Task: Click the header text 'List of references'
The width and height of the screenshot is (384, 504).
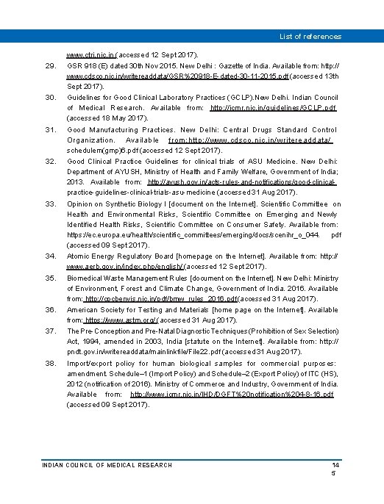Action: click(310, 36)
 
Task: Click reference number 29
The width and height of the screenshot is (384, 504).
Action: click(51, 66)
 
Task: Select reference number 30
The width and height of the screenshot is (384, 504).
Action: click(51, 98)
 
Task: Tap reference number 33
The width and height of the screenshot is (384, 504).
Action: click(51, 204)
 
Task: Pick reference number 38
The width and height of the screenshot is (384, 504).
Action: click(51, 364)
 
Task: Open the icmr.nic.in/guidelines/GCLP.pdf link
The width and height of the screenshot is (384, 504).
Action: click(273, 108)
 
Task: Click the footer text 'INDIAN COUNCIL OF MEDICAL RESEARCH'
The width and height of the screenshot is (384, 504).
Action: click(107, 465)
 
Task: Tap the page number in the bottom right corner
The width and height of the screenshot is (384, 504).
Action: click(335, 469)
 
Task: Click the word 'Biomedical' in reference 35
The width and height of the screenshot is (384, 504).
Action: click(86, 278)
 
